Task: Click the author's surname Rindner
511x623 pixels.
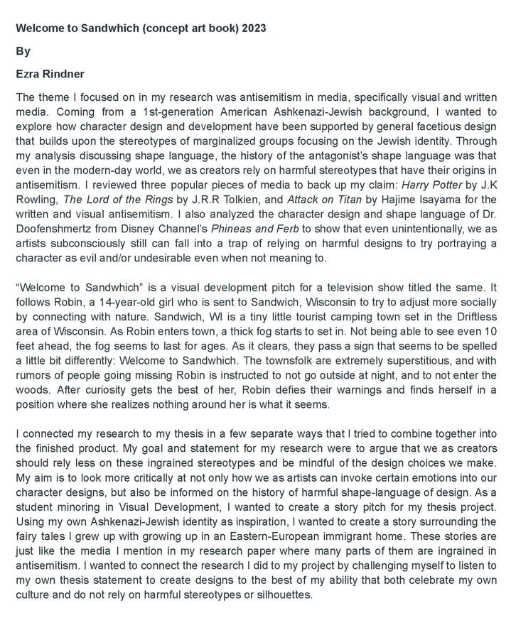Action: coord(71,74)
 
